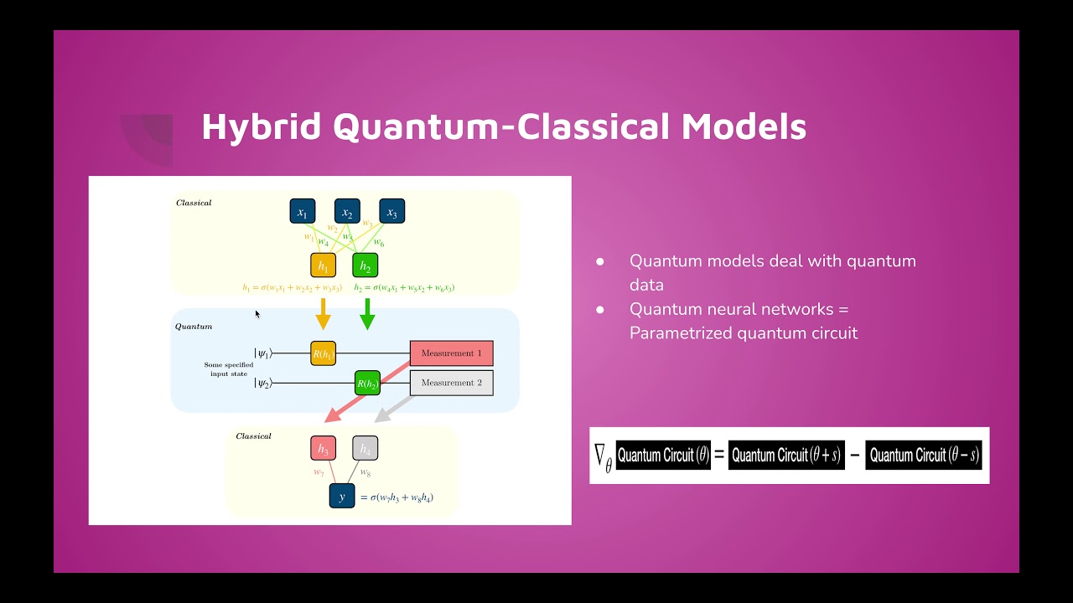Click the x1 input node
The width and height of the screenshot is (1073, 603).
point(303,212)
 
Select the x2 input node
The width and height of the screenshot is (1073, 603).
point(347,212)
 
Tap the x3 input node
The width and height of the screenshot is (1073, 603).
point(391,212)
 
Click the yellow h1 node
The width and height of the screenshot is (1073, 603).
point(323,265)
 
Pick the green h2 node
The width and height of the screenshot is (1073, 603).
point(365,265)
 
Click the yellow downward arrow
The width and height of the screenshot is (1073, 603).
point(323,314)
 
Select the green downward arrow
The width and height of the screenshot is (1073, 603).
point(366,314)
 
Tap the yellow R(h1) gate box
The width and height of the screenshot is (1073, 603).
point(323,353)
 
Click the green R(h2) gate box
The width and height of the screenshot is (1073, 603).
point(367,384)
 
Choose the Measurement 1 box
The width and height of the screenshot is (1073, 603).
point(451,353)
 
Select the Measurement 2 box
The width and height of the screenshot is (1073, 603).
point(451,383)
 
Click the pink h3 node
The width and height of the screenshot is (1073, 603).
point(323,449)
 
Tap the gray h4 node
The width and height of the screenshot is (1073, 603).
point(365,449)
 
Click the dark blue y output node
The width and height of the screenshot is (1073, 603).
point(342,496)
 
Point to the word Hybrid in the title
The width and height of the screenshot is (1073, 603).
point(262,127)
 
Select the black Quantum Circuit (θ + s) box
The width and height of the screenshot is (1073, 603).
point(785,456)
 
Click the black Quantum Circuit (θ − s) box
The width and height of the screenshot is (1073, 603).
point(923,456)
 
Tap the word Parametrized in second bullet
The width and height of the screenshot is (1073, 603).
point(681,333)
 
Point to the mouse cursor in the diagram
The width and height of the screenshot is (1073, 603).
point(257,314)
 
